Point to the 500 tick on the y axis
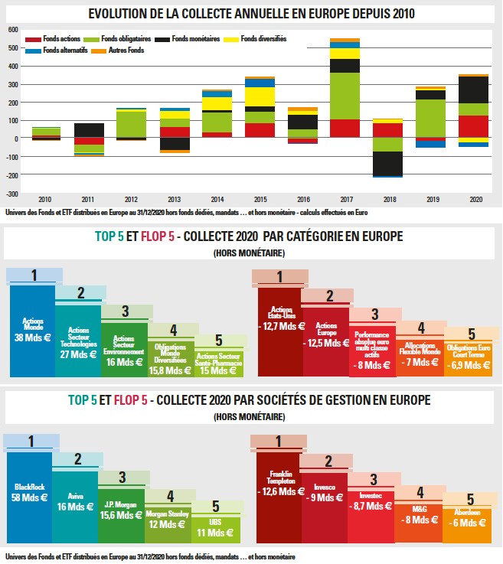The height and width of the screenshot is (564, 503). click(x=13, y=47)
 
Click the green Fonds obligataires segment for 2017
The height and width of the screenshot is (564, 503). click(x=345, y=96)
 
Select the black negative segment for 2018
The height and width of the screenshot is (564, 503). click(x=388, y=163)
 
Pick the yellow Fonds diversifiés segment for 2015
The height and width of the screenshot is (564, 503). click(x=260, y=96)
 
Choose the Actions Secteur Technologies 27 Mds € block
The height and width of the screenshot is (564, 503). click(x=78, y=341)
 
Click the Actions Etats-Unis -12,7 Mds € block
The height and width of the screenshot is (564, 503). click(x=279, y=330)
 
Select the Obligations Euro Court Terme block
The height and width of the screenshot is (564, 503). click(x=468, y=357)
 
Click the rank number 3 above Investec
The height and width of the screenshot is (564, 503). click(x=374, y=480)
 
